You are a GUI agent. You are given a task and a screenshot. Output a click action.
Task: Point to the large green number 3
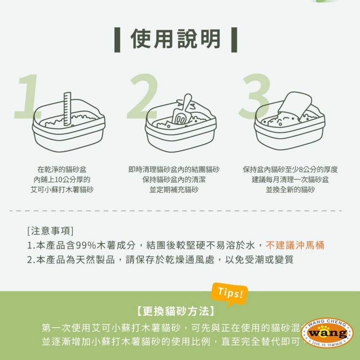tap(255, 96)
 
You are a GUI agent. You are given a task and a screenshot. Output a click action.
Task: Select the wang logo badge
tap(327, 333)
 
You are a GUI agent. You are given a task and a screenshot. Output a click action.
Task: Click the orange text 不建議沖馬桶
tap(295, 246)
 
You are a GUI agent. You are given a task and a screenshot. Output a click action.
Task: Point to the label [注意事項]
tap(50, 230)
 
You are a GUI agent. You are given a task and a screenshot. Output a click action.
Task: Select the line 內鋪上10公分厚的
tap(62, 179)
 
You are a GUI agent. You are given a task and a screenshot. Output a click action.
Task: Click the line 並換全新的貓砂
tap(290, 189)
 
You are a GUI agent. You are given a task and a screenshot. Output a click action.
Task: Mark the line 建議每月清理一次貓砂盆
tap(290, 179)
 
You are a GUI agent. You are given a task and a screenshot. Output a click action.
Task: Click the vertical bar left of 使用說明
tap(117, 39)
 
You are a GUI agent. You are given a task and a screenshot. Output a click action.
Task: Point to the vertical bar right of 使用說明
tap(234, 39)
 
